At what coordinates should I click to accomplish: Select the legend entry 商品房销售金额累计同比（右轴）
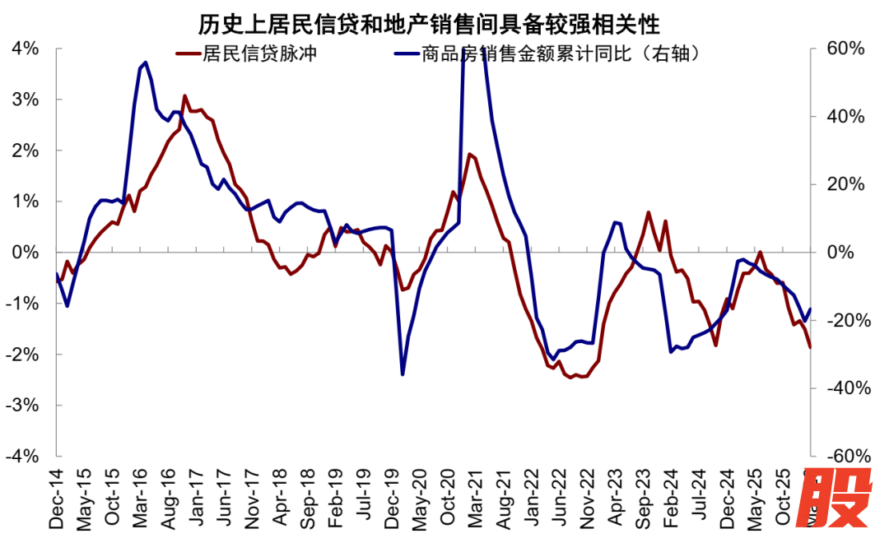click(x=559, y=55)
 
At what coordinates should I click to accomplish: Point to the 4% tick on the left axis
click(x=25, y=49)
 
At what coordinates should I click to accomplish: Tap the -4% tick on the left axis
click(x=22, y=456)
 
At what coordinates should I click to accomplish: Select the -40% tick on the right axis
click(x=843, y=388)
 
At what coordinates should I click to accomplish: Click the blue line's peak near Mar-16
click(x=146, y=62)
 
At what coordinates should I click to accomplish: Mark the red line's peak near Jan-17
click(x=184, y=96)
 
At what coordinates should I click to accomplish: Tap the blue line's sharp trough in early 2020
click(x=403, y=374)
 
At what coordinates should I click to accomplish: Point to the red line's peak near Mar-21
click(x=469, y=154)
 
